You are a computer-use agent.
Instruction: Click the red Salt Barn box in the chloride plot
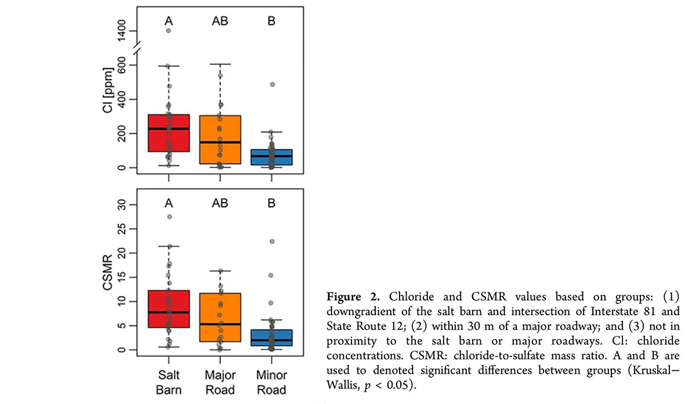click(x=168, y=133)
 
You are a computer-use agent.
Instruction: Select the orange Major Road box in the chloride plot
click(x=220, y=139)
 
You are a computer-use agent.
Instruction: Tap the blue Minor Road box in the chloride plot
click(x=271, y=157)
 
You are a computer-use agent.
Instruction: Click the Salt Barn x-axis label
click(x=168, y=381)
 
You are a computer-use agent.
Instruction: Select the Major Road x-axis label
click(x=220, y=381)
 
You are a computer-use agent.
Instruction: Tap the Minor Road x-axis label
click(x=271, y=381)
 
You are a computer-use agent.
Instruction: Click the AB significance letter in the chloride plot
click(x=220, y=21)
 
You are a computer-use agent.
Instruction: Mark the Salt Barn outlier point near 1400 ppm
click(x=169, y=31)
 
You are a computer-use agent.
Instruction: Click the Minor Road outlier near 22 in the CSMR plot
click(x=271, y=241)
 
